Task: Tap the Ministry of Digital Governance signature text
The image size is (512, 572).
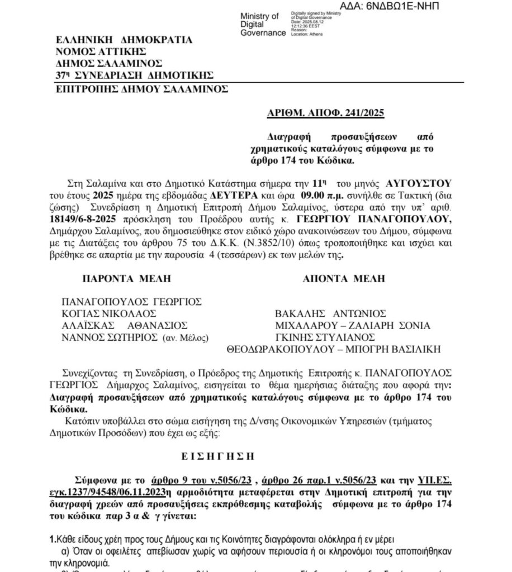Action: point(259,25)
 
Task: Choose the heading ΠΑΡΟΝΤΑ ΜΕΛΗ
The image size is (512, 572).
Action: point(126,278)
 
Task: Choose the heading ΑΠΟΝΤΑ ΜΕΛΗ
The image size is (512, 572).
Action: point(346,278)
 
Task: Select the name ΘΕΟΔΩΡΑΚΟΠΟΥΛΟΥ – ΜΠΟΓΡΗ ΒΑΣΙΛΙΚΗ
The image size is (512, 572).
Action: point(333,350)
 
